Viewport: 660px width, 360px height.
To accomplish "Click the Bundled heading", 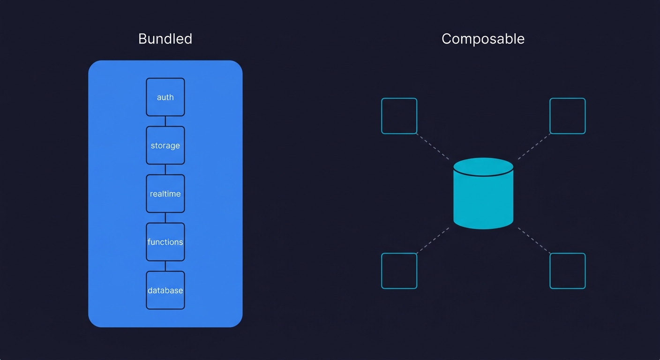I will pos(165,38).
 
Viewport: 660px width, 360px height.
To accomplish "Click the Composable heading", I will pos(483,38).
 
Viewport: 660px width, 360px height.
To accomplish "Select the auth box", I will pos(165,97).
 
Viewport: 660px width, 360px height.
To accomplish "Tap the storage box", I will pos(165,145).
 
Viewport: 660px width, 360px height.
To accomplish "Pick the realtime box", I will pos(165,194).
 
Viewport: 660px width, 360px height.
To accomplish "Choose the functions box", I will pos(165,242).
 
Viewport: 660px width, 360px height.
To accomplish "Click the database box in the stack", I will pos(165,290).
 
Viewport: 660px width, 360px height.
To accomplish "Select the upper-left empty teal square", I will pos(399,116).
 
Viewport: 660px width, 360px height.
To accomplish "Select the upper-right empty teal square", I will pos(567,116).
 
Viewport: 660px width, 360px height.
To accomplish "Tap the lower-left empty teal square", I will pos(399,271).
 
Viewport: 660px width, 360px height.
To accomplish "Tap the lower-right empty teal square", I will pos(567,271).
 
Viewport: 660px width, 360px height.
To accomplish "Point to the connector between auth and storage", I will pos(165,121).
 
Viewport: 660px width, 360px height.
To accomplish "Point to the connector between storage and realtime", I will pos(165,170).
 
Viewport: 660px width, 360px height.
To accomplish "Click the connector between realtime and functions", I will pos(165,218).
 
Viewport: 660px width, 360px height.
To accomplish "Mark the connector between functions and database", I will pos(165,266).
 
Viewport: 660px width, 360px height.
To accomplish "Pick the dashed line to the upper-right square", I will pos(534,147).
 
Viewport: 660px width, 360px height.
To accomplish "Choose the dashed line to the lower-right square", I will pos(534,240).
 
